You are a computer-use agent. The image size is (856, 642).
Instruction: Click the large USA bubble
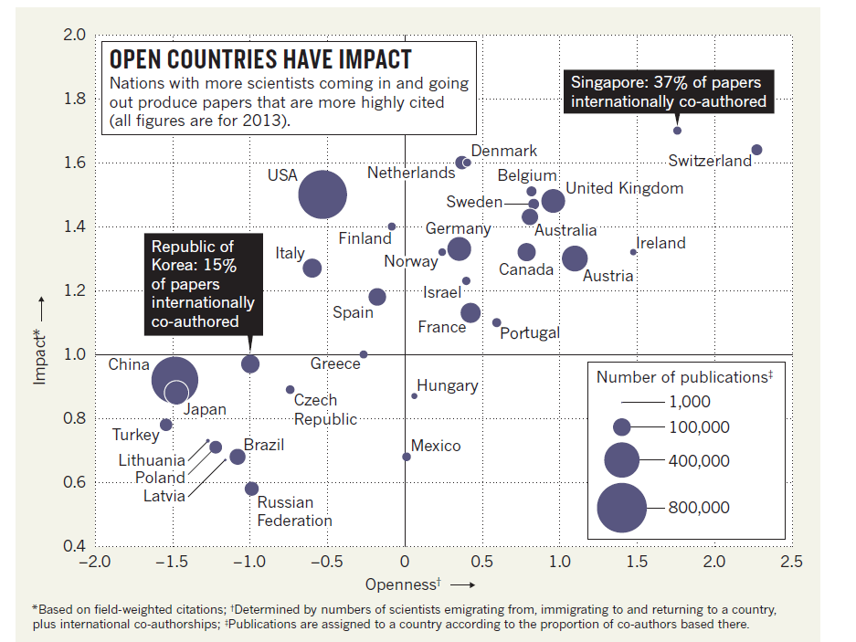pos(322,195)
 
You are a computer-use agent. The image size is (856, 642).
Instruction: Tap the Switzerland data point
pos(756,150)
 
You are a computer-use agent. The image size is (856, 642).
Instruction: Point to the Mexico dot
pos(407,457)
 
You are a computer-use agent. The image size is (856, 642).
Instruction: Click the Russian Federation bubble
pos(251,489)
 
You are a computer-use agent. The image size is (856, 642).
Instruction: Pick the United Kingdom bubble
pos(553,201)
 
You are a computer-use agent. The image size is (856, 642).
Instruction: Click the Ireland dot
pos(633,252)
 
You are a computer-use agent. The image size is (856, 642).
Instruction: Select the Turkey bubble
pos(166,425)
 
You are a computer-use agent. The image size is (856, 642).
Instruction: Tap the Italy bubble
pos(312,268)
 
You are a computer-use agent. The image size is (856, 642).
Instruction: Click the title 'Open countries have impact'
pos(260,60)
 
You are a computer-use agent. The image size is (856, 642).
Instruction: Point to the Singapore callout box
pos(668,91)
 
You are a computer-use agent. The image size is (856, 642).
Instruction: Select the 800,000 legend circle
pos(621,508)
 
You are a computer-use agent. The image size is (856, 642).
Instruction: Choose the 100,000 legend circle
pos(622,426)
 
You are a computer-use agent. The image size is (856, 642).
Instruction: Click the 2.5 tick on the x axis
pos(791,561)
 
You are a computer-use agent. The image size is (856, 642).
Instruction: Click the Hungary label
pos(448,385)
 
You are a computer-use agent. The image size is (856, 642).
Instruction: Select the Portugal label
pos(530,333)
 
